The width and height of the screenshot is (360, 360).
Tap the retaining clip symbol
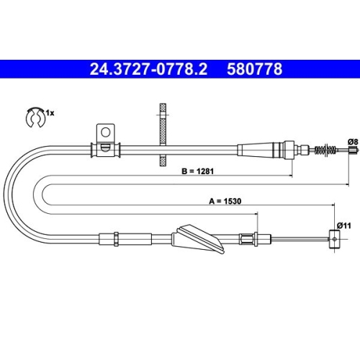tap(32, 117)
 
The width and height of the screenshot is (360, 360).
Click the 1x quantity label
tap(50, 113)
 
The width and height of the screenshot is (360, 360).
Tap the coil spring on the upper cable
tap(326, 149)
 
